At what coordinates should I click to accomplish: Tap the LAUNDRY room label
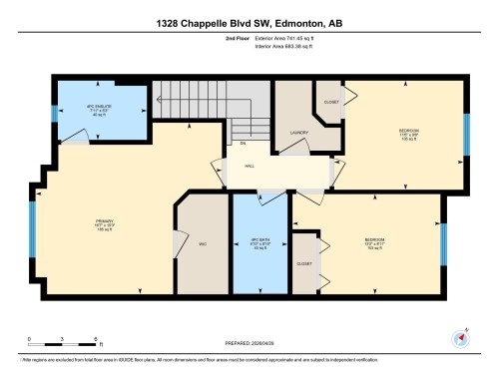[298, 132]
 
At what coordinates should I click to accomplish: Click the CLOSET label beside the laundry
[330, 102]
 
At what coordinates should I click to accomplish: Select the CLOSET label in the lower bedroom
[302, 263]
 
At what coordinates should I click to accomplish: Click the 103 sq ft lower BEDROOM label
[374, 242]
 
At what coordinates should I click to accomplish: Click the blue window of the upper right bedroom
[466, 134]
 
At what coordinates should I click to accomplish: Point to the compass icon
[460, 337]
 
